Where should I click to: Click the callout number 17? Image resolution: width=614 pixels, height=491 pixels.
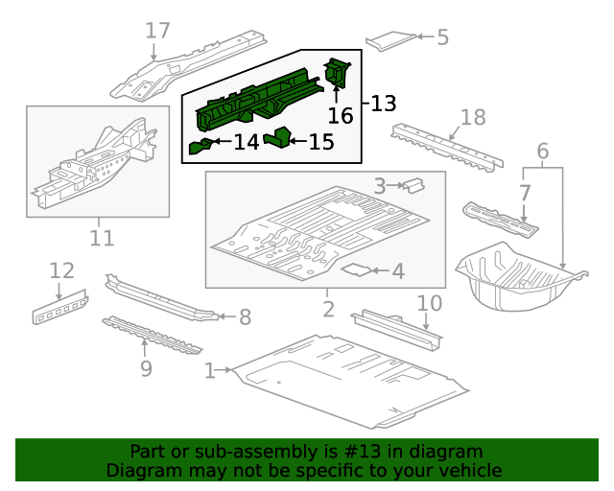click(x=157, y=31)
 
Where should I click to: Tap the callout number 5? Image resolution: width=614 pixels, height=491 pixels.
click(x=442, y=37)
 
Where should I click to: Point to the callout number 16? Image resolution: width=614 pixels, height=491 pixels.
click(x=341, y=116)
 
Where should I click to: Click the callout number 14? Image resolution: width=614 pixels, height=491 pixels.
click(x=246, y=143)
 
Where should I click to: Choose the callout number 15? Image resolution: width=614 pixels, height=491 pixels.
click(x=321, y=142)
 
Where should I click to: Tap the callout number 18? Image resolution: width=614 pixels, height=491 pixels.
click(x=473, y=118)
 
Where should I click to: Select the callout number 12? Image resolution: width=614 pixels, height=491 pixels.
click(x=61, y=270)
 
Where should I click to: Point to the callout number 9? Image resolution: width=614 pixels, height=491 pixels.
click(x=146, y=367)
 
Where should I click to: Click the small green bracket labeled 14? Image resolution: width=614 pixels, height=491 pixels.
click(x=201, y=146)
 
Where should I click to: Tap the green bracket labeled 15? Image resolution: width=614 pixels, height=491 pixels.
click(x=278, y=138)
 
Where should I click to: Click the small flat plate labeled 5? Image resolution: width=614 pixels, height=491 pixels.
click(x=391, y=40)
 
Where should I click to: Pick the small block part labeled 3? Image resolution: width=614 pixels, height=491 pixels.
click(x=413, y=183)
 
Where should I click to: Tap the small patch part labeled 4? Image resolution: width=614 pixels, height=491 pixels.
click(x=358, y=270)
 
